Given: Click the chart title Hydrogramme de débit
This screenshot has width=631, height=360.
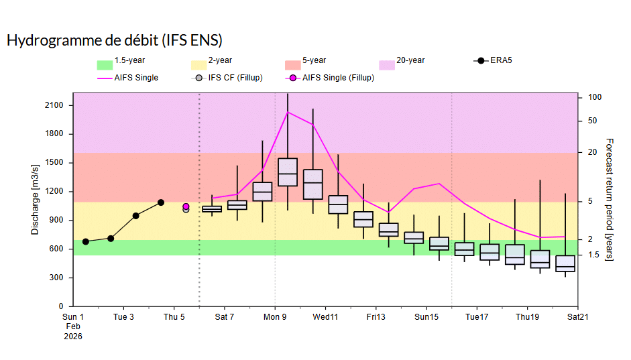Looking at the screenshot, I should (x=114, y=40).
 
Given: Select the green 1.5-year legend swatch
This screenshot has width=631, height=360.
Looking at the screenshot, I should (x=105, y=65).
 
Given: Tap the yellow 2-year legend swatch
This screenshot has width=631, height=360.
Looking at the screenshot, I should (x=198, y=65).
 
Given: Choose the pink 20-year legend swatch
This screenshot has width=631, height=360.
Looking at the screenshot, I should (x=386, y=65).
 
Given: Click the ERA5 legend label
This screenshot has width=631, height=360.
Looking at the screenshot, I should (x=502, y=61).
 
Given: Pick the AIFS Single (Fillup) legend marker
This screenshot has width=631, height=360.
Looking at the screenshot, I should (x=292, y=78).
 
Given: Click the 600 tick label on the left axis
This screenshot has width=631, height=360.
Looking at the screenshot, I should (x=56, y=249).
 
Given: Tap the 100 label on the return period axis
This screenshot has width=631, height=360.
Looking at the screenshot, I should (x=594, y=97).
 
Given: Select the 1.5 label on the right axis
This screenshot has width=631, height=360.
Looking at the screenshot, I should (x=593, y=255).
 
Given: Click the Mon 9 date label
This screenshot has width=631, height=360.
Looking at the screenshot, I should (x=275, y=316).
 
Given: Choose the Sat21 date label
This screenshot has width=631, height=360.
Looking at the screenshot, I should (x=577, y=316).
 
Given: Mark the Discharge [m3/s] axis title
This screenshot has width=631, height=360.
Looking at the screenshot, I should (x=35, y=199).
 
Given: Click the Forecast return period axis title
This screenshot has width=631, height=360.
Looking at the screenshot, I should (x=609, y=200).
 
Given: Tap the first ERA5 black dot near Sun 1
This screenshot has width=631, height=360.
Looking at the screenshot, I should (x=85, y=241).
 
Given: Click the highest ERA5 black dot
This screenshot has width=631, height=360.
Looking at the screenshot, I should (x=161, y=202).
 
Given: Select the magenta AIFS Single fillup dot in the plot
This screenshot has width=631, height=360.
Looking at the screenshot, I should (x=186, y=206).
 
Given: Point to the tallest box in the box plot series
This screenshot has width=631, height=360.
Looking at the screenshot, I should (x=288, y=172).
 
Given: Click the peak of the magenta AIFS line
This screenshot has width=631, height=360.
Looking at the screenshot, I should (x=288, y=112).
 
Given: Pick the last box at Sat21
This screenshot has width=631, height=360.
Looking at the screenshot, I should (x=565, y=263).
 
